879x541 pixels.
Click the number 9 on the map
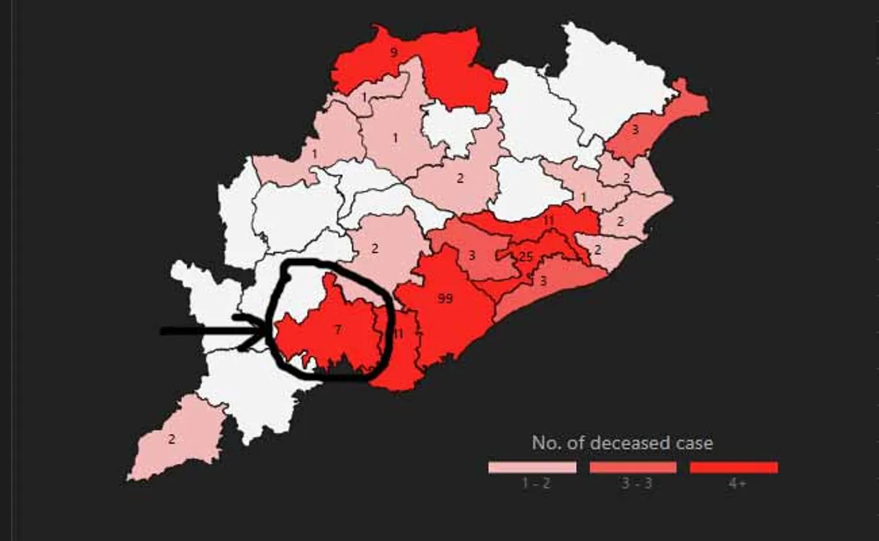coord(393,51)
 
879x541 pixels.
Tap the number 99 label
coord(445,299)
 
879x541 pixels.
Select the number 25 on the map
coord(526,257)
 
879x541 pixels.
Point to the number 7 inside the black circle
coord(337,330)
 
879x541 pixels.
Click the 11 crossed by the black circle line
coord(398,334)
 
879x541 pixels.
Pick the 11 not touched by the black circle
coord(548,221)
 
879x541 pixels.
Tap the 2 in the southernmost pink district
coord(172,439)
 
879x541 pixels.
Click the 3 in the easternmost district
coord(635,129)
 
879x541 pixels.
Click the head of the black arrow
coord(264,331)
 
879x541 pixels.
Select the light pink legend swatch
coord(532,468)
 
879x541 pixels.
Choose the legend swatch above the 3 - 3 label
coord(632,468)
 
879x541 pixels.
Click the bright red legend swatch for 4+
coord(733,468)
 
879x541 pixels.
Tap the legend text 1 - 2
coord(536,483)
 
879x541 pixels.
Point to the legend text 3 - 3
coord(637,483)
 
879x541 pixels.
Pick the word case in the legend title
coord(694,443)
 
